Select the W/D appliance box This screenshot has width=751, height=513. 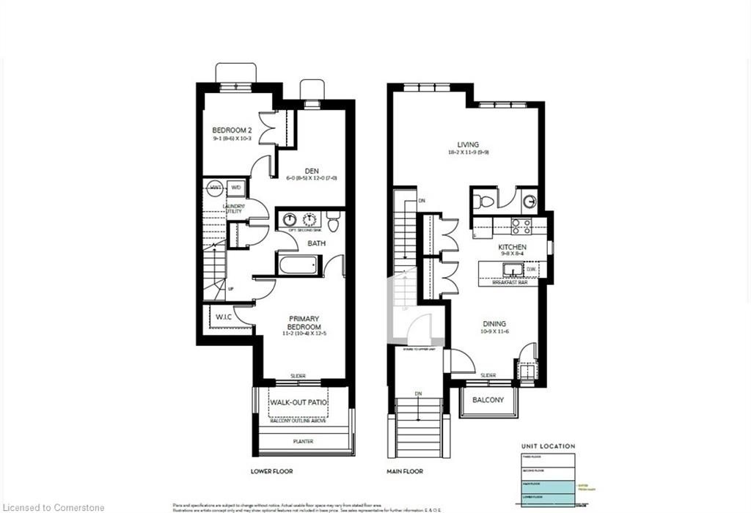click(x=236, y=188)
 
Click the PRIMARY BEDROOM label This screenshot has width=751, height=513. click(x=303, y=323)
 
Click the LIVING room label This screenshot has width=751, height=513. click(x=467, y=145)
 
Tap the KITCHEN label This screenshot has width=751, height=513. click(x=513, y=248)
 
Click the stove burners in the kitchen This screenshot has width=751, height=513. click(x=521, y=226)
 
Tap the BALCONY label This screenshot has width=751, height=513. click(x=488, y=400)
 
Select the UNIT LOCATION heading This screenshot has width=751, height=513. click(x=549, y=446)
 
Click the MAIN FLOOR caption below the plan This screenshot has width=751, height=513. click(x=405, y=471)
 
